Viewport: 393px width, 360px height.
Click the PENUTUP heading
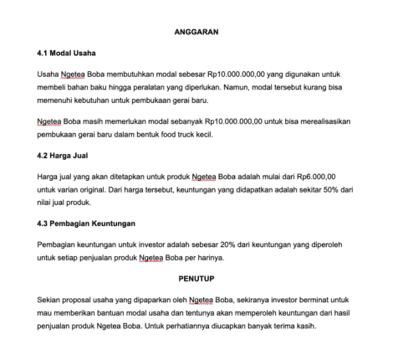click(196, 277)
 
